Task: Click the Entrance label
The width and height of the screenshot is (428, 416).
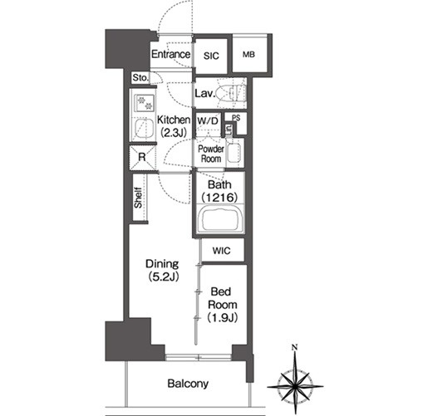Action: point(170,54)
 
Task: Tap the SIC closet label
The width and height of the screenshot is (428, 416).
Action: point(211,56)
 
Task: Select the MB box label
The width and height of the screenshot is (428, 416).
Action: point(248,55)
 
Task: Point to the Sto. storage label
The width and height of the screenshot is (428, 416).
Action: point(140,78)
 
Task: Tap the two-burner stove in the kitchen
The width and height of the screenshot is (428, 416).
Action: point(145,103)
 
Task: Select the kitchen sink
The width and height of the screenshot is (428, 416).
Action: point(144,128)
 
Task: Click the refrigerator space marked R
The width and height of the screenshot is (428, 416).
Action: point(142,157)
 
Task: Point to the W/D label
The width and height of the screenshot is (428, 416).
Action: point(208,121)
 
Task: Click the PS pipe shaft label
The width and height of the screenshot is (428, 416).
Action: point(236,118)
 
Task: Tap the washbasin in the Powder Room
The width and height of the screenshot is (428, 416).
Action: point(234,153)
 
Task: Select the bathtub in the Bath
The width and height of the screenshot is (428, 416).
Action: point(220,219)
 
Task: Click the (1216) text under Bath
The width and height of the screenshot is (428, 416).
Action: point(219,198)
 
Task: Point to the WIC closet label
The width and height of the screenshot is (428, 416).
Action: point(221,251)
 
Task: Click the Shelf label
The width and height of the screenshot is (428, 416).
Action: point(138,198)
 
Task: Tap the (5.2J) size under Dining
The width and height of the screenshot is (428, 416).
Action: point(164,277)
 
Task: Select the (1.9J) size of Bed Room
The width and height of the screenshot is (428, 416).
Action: point(223,318)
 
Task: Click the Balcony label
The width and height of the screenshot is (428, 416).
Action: point(188,384)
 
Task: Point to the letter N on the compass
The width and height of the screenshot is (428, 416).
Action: point(295,347)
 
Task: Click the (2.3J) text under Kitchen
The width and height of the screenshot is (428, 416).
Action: point(174,133)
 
